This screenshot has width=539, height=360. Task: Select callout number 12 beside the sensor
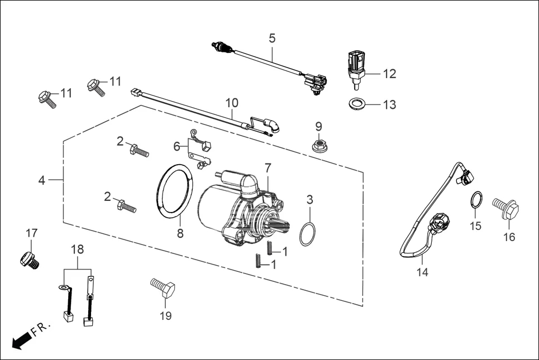point(389,73)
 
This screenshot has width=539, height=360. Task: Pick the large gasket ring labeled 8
point(173,190)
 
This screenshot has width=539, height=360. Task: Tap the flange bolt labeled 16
point(506,208)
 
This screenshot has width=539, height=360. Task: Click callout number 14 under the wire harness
point(422,272)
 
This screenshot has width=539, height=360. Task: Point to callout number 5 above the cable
point(272,39)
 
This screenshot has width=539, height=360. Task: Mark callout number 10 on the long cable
point(232,103)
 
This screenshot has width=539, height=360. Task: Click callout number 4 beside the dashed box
point(41,180)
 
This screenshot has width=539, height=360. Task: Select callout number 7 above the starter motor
point(268,167)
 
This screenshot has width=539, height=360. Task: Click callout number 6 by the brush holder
point(177,146)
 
